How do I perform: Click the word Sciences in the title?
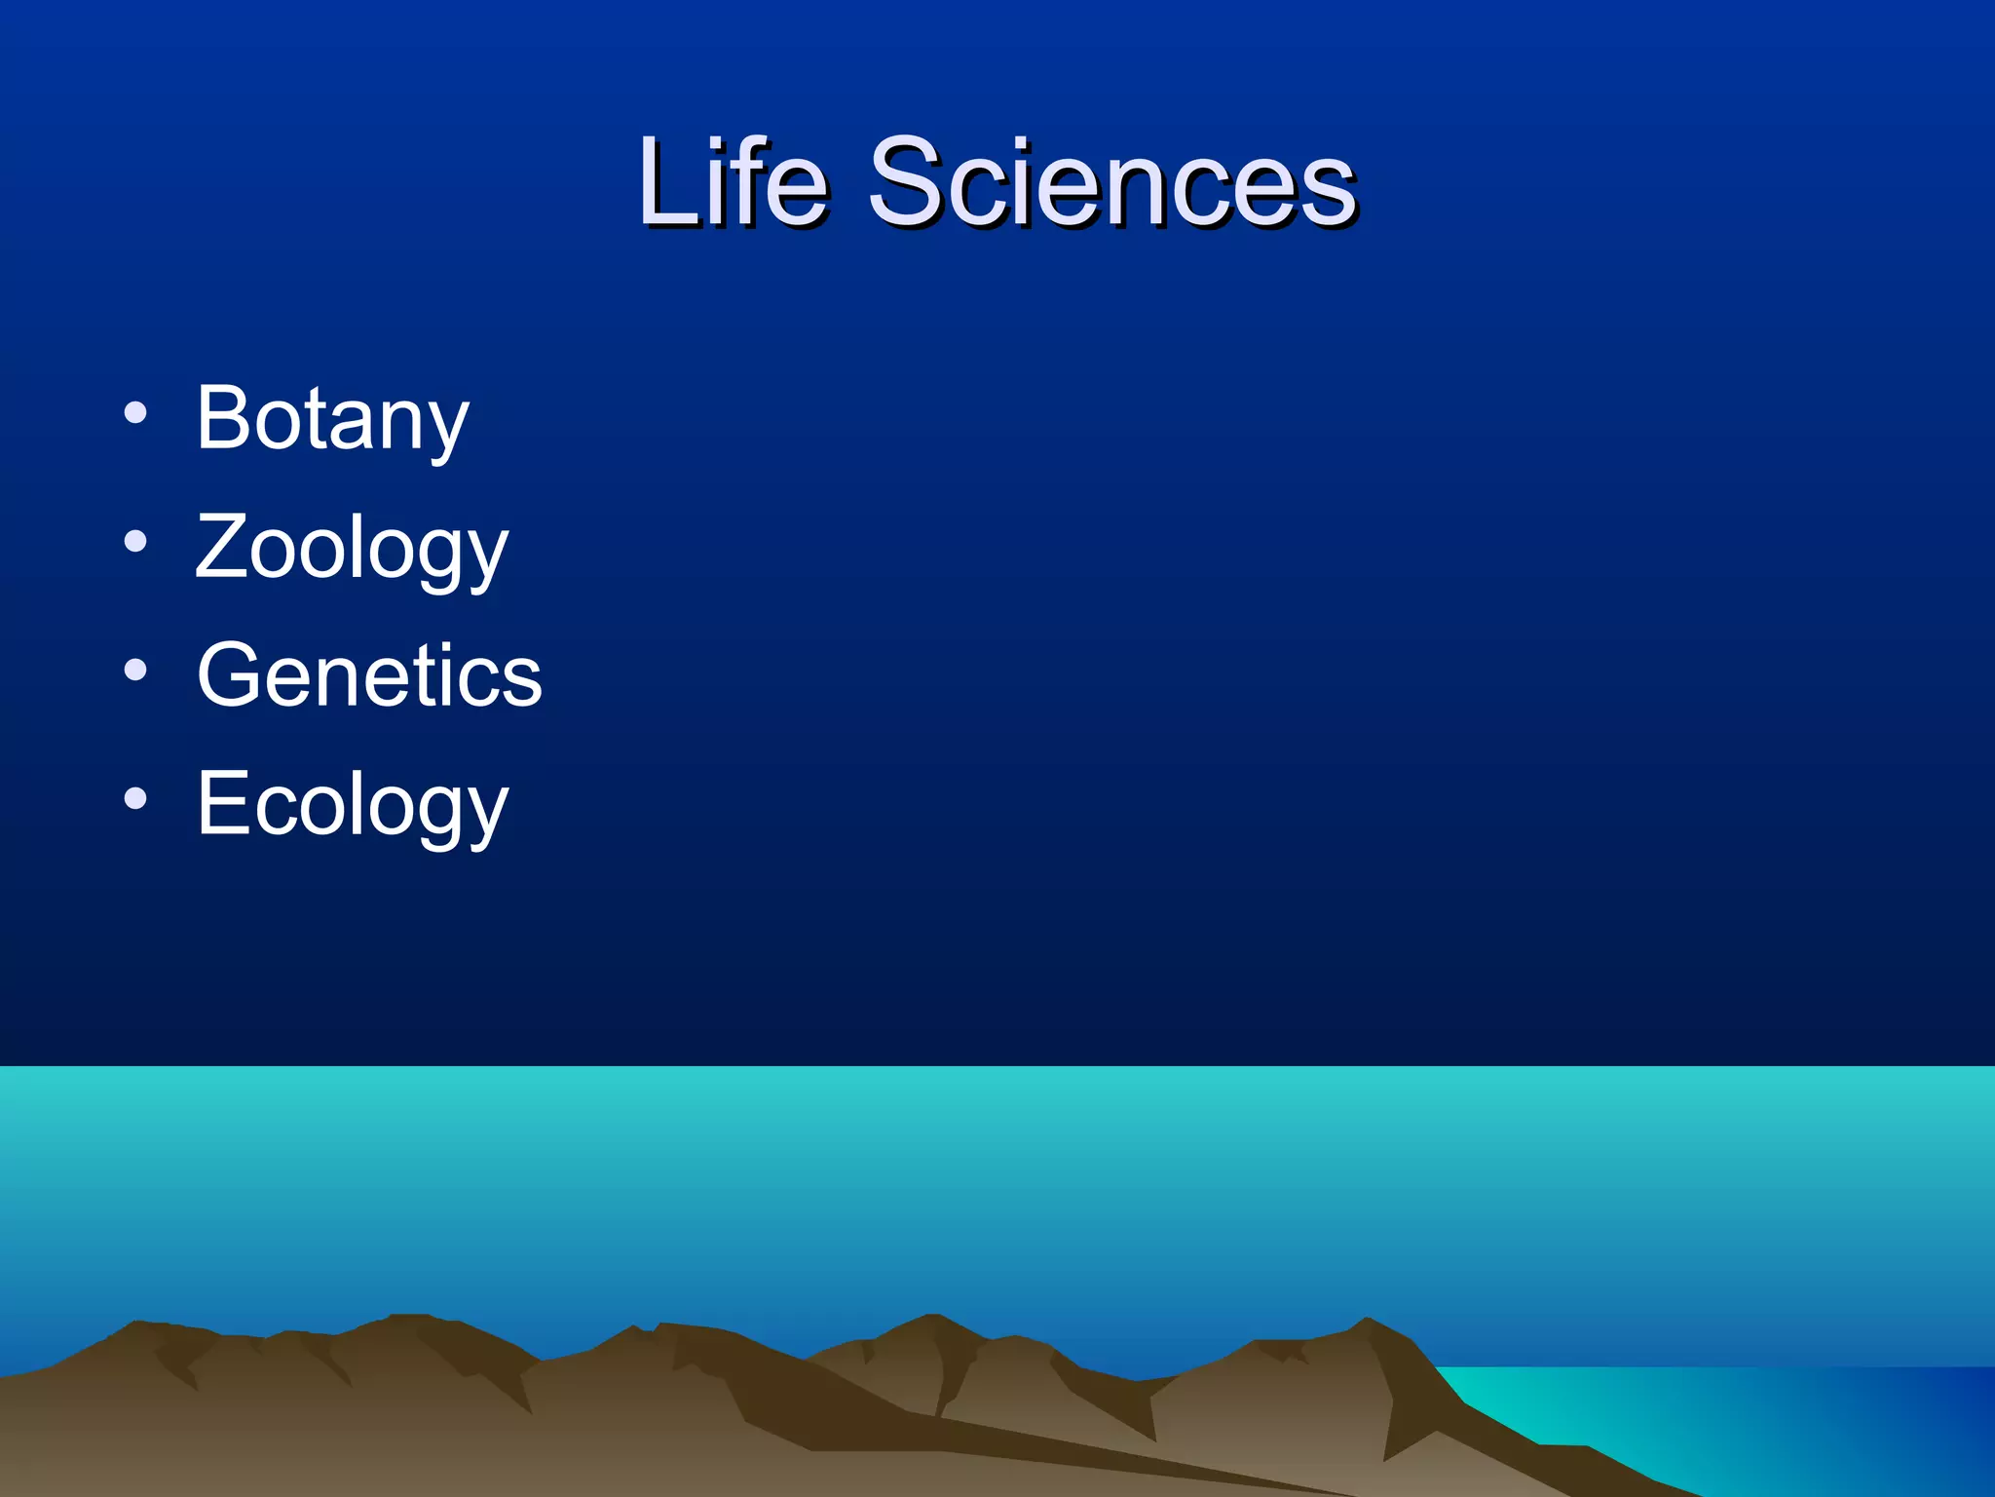[x=1111, y=182]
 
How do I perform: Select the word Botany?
[x=333, y=418]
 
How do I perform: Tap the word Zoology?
[x=352, y=548]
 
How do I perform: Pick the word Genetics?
[x=369, y=674]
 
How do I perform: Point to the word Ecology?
[x=353, y=805]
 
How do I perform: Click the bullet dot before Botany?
[x=135, y=413]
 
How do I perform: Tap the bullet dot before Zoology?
[x=135, y=542]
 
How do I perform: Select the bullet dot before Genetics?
[x=135, y=671]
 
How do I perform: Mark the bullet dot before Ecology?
[x=135, y=799]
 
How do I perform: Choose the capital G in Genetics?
[x=232, y=674]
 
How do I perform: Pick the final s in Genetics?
[x=521, y=680]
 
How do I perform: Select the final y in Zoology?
[x=487, y=557]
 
